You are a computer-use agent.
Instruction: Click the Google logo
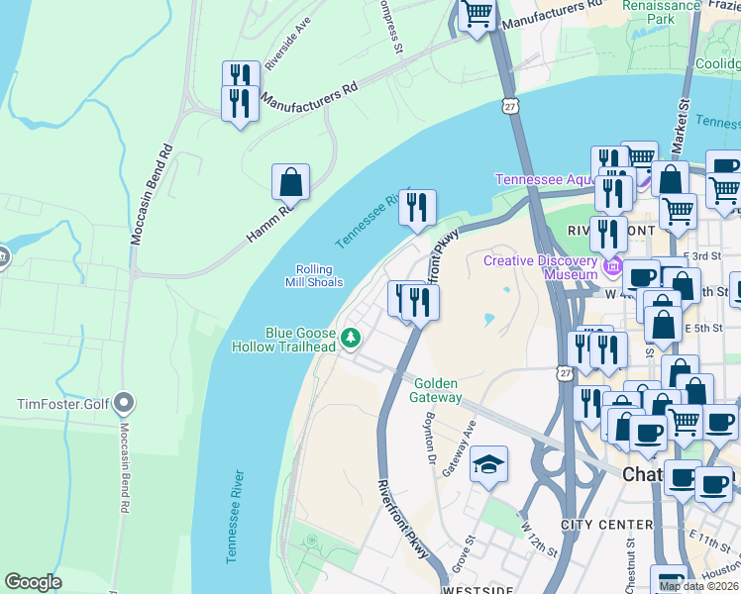[33, 582]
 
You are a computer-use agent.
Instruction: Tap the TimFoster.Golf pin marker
[124, 403]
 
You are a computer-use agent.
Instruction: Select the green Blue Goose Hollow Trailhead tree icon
[350, 340]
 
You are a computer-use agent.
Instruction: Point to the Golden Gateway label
[438, 390]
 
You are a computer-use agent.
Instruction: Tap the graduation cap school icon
[488, 463]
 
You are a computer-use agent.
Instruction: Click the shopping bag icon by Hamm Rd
[290, 182]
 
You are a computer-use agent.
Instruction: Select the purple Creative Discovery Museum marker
[613, 265]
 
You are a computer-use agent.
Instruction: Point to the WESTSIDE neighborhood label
[477, 589]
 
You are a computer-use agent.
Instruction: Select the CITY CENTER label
[606, 524]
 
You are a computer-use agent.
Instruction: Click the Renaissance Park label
[661, 11]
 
